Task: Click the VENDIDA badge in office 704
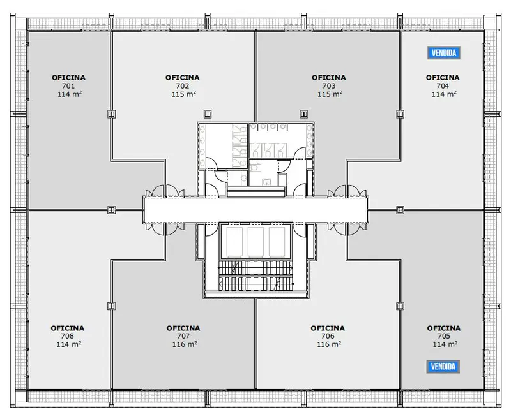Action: coord(443,53)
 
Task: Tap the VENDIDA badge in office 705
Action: coord(443,367)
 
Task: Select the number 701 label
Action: coord(68,86)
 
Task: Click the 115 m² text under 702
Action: coord(184,94)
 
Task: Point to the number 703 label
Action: coord(329,86)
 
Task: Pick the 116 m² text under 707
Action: coord(185,344)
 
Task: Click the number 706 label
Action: coord(328,336)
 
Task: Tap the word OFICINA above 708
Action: coord(68,328)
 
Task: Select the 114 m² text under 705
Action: coord(445,344)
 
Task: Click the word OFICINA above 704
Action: coord(443,78)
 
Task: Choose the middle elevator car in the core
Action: coord(256,242)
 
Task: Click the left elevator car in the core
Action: coord(234,242)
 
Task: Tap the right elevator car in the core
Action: coord(277,242)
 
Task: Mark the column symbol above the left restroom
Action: coord(208,114)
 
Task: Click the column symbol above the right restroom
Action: coord(304,114)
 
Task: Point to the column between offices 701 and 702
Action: coord(111,114)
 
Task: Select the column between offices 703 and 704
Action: coord(400,114)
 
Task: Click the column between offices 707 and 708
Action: coord(111,306)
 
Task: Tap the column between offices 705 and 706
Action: coord(400,306)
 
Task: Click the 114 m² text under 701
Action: coord(70,94)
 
